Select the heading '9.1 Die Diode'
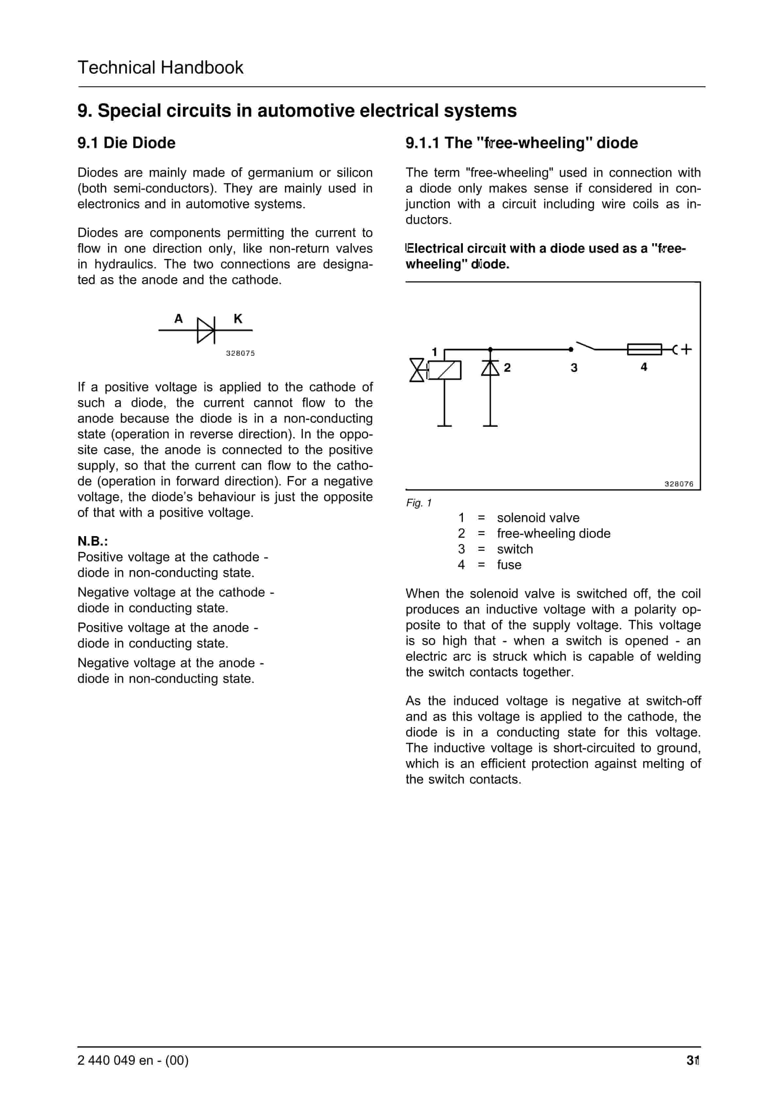pos(126,143)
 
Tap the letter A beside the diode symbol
pos(178,319)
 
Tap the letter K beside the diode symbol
pos(238,319)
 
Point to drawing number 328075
pos(240,353)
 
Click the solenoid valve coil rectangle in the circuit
pos(445,370)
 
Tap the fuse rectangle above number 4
pos(644,349)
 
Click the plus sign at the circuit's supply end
pos(686,349)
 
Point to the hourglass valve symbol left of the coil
pos(417,370)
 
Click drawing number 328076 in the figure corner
pos(679,484)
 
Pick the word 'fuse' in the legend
pos(509,565)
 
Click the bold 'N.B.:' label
pos(93,541)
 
